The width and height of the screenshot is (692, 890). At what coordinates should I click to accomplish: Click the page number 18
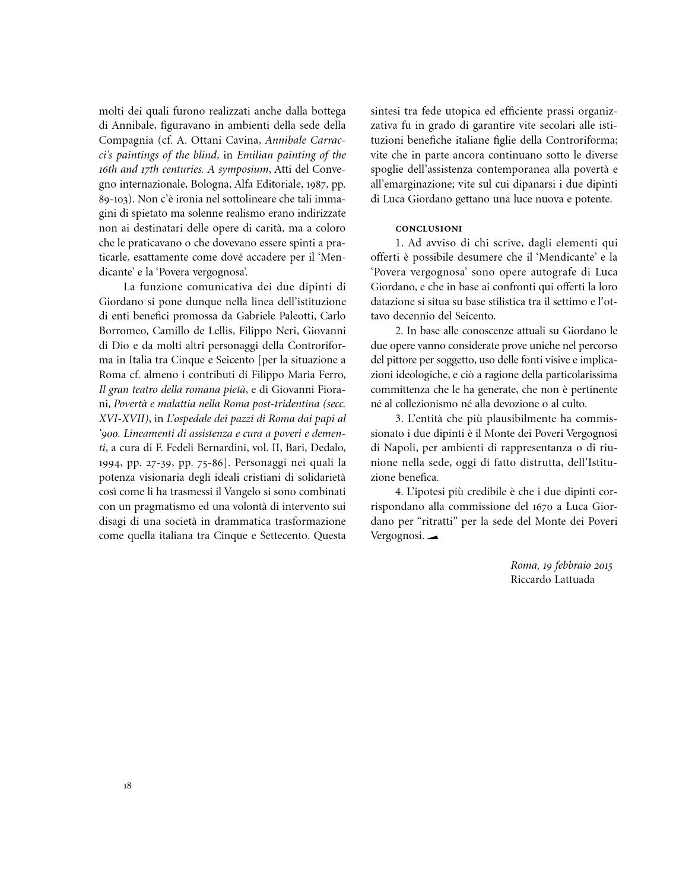point(127,786)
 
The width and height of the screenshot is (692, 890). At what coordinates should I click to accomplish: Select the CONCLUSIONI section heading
point(428,229)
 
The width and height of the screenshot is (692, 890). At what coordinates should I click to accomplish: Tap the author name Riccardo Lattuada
point(552,579)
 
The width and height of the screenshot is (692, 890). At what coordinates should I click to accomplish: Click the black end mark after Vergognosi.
point(432,537)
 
